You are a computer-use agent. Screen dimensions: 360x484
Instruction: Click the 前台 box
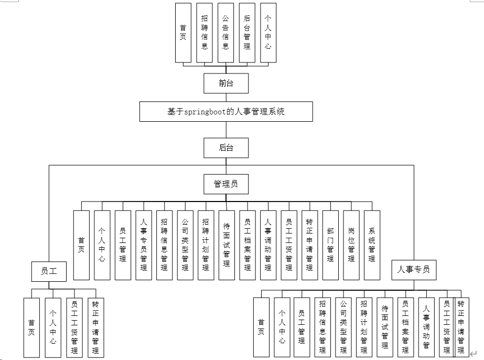coord(226,83)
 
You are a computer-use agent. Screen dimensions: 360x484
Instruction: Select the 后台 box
coord(226,147)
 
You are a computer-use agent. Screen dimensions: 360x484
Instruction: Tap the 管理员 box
coord(226,184)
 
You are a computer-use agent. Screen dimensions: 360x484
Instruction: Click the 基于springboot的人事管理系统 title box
coord(226,112)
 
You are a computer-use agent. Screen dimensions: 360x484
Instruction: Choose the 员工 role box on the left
coord(48,271)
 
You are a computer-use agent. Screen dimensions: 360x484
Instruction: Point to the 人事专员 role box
coord(414,270)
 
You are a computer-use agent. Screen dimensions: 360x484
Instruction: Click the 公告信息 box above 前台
coord(225,33)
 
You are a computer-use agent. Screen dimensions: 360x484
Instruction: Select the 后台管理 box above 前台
coord(247,33)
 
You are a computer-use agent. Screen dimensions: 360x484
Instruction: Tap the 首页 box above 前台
coord(183,33)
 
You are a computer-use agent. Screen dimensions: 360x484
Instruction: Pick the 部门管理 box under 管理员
coord(330,245)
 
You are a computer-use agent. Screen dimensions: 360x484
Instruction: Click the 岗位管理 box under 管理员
coord(351,245)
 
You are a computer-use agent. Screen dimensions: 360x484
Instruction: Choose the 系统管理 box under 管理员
coord(372,245)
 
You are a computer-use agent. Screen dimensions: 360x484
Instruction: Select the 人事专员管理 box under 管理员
coord(143,245)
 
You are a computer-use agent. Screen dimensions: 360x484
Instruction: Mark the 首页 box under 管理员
coord(81,245)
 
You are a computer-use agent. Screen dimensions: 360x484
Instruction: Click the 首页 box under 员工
coord(31,327)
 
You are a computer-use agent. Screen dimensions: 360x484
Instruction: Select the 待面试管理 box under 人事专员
coord(385,327)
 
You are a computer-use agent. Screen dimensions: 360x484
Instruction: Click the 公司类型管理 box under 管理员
coord(185,245)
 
